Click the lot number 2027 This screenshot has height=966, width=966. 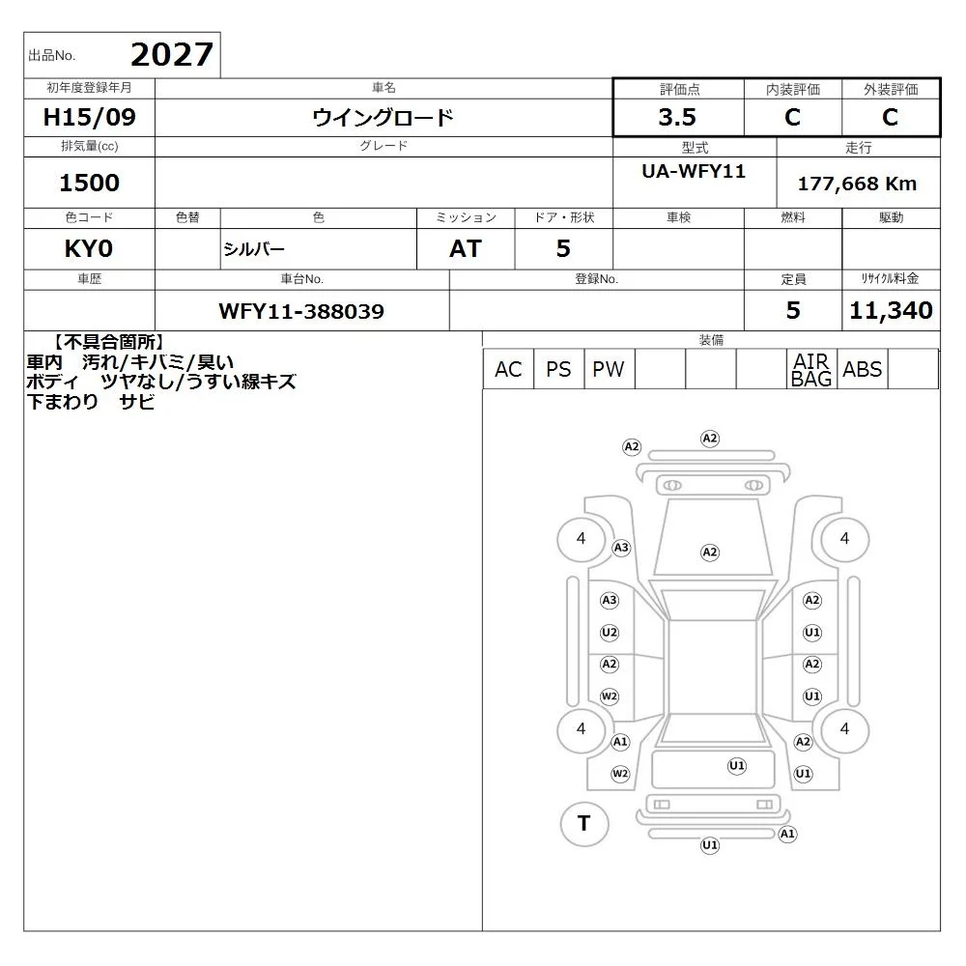click(172, 55)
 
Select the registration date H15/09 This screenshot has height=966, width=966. click(89, 117)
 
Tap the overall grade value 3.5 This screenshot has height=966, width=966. click(677, 117)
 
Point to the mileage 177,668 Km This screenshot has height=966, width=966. click(857, 184)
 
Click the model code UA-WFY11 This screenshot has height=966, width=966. click(694, 171)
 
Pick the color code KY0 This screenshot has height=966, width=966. click(89, 249)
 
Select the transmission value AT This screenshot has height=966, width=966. click(466, 249)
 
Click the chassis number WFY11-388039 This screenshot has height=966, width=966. click(301, 311)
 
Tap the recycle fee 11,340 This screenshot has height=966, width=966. click(891, 310)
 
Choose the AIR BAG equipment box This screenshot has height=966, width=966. click(811, 369)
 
